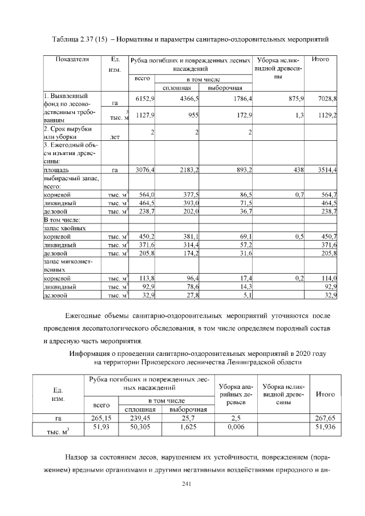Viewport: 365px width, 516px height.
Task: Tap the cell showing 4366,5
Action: [188, 99]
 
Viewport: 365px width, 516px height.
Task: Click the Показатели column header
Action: [72, 59]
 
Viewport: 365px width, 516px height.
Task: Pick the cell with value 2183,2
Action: [188, 170]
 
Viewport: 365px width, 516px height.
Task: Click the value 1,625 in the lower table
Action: [188, 426]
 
